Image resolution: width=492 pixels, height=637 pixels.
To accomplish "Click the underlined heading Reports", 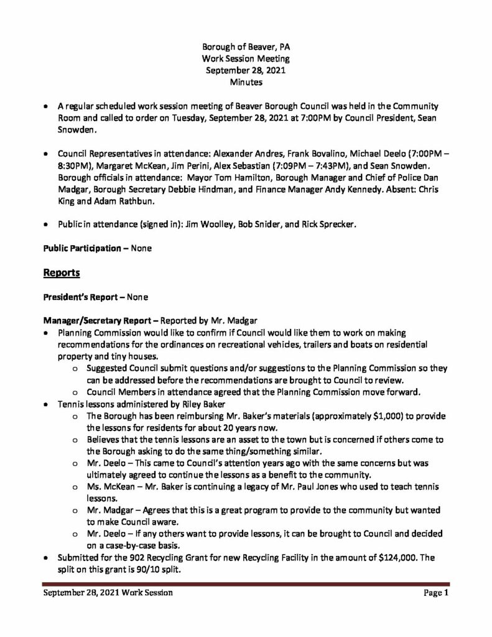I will coord(61,272).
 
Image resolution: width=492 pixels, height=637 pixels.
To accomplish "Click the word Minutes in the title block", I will coord(246,81).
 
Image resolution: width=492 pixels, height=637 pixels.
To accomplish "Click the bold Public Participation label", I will coord(82,248).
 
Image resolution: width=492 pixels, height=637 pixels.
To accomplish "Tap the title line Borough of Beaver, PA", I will coord(246,47).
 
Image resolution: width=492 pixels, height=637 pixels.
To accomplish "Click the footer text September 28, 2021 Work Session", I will coord(108,593).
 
